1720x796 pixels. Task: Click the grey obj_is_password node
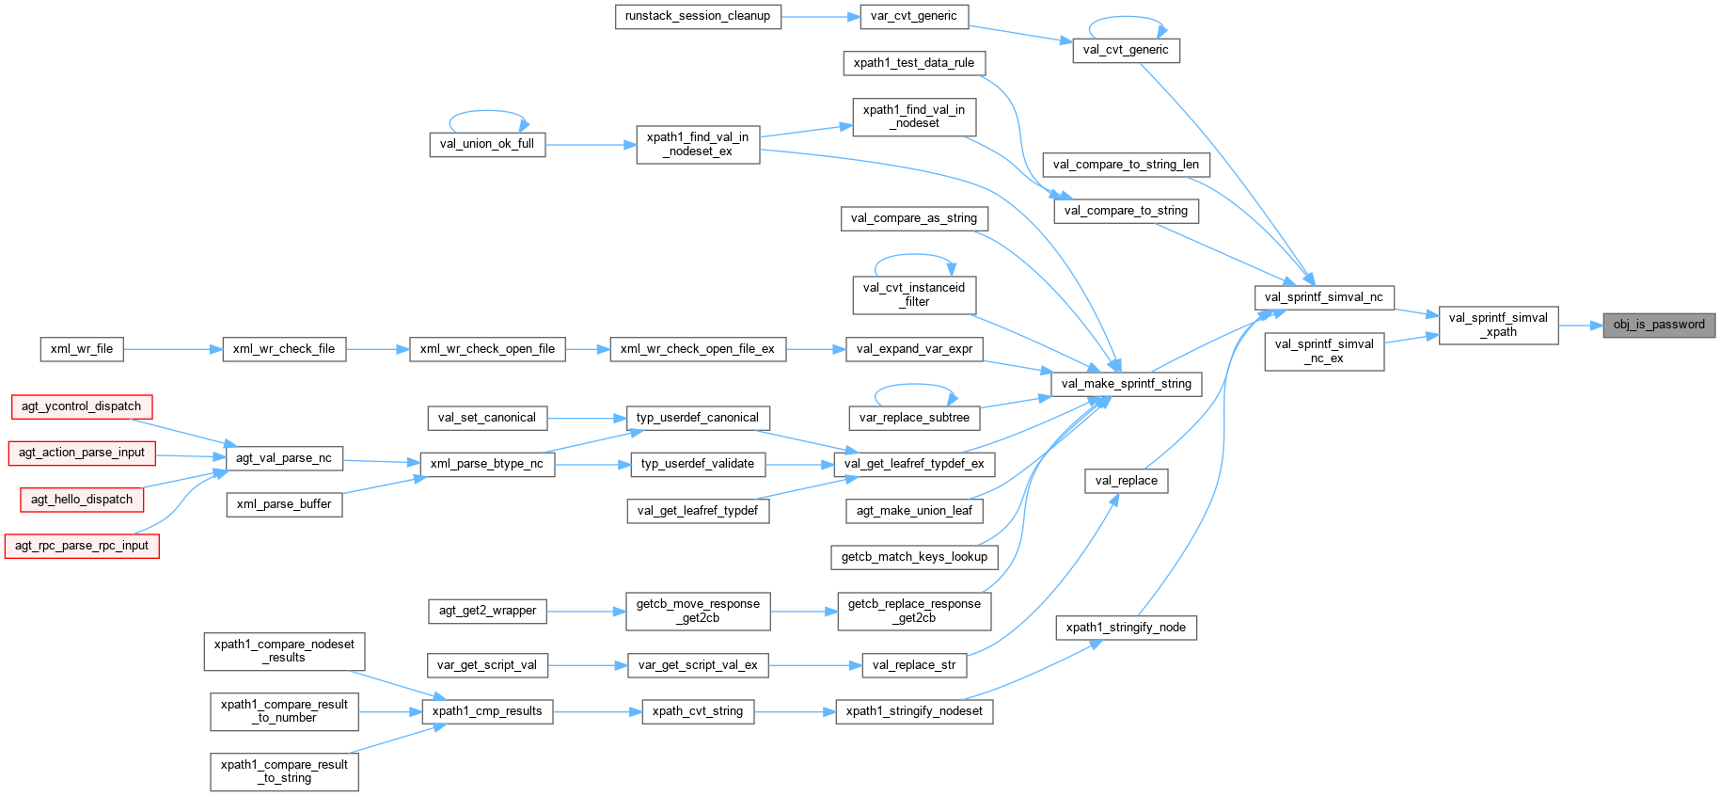pos(1659,325)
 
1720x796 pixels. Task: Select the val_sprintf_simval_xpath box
pos(1498,325)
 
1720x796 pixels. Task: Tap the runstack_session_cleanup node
pos(698,16)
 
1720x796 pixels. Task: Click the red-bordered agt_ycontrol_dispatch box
pos(82,406)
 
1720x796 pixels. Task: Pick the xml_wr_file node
pos(82,349)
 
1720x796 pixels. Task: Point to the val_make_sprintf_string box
pos(1126,384)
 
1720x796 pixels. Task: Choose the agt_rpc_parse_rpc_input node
pos(82,546)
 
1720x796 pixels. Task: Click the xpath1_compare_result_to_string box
pos(284,772)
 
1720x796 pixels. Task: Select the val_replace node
pos(1126,481)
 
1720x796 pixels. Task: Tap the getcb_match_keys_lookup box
pos(914,557)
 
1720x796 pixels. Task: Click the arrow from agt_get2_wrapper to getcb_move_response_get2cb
pos(586,612)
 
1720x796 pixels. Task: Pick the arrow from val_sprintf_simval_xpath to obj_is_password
pos(1580,326)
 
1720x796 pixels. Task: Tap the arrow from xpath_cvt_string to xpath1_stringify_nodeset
pos(795,711)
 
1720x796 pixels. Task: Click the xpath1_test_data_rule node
pos(914,63)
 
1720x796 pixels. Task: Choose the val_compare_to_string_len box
pos(1126,165)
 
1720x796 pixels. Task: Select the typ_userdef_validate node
pos(697,464)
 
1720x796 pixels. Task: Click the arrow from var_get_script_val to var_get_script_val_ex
pos(588,665)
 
